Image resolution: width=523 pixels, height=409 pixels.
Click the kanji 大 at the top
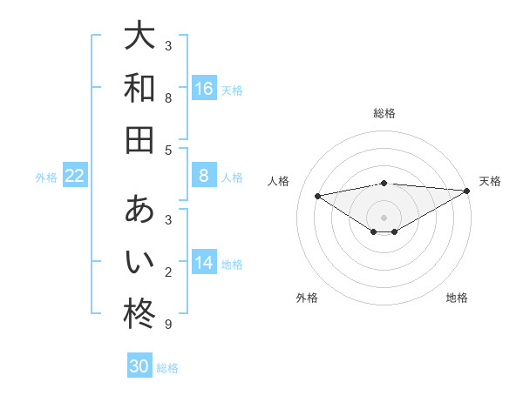139,37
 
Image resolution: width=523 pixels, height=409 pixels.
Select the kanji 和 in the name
139,88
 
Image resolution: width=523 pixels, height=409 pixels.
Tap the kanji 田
139,138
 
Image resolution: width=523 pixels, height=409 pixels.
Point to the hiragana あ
139,210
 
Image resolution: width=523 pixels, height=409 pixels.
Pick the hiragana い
139,260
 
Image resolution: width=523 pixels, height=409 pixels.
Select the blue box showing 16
204,88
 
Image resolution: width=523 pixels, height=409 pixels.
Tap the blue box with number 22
74,177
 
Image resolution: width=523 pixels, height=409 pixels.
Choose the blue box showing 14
204,263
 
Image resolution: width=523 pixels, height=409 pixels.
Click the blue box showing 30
139,366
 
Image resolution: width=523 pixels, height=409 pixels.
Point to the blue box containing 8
204,177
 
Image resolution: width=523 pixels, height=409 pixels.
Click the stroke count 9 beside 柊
168,325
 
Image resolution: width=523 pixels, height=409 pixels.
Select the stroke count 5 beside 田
168,150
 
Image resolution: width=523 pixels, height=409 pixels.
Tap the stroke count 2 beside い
168,273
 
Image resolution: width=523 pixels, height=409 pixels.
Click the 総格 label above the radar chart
384,113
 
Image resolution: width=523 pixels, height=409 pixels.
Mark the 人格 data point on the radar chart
317,195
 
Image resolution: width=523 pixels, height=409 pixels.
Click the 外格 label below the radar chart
307,298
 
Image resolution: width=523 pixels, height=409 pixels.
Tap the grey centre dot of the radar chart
384,217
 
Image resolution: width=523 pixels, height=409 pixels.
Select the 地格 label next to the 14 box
232,264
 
